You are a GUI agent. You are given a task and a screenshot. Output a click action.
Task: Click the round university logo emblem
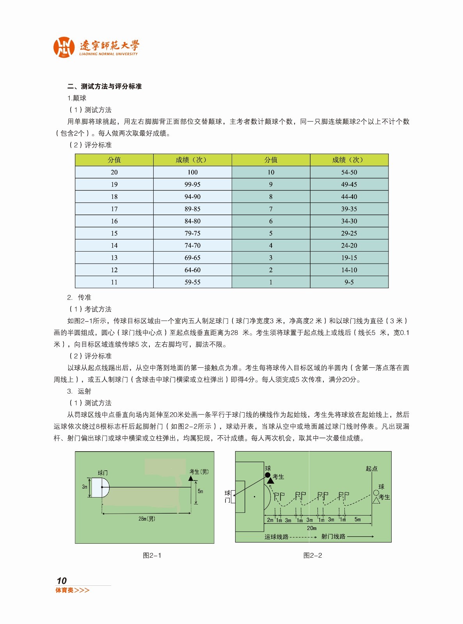(x=64, y=47)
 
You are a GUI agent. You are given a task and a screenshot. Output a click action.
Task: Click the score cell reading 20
(x=114, y=172)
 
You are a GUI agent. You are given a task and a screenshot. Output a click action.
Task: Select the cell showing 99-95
(x=192, y=184)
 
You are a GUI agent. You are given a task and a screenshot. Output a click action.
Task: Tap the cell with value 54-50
(x=349, y=172)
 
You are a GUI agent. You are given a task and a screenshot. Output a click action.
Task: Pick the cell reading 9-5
(x=349, y=282)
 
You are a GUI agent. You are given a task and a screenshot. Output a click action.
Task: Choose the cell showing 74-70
(x=192, y=245)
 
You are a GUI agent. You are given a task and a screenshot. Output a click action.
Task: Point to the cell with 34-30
(x=349, y=221)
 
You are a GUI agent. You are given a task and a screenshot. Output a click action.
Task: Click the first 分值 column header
(x=114, y=160)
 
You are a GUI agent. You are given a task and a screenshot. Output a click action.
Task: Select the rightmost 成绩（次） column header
(x=349, y=160)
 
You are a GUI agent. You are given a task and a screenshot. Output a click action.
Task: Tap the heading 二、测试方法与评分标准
(x=105, y=86)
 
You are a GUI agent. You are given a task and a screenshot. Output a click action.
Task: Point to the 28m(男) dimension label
(x=147, y=519)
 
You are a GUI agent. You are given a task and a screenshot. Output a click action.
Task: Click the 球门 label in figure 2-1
(x=103, y=473)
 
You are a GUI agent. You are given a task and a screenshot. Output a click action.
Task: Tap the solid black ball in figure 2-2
(x=268, y=475)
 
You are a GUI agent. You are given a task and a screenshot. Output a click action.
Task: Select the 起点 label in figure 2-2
(x=371, y=468)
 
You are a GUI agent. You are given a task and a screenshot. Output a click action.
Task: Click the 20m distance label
(x=311, y=528)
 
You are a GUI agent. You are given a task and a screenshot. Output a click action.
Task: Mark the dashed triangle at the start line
(x=376, y=500)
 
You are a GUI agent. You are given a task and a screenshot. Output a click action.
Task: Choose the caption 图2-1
(x=152, y=555)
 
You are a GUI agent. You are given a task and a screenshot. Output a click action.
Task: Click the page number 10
(x=62, y=581)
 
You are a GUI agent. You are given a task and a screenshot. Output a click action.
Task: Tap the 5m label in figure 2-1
(x=200, y=491)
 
